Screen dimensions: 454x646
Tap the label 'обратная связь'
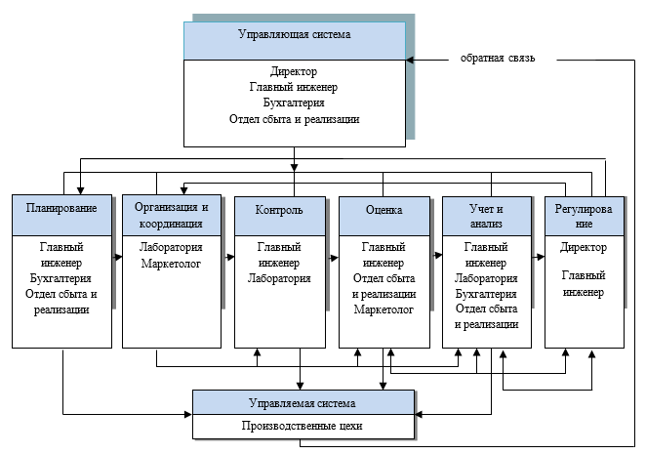(x=497, y=59)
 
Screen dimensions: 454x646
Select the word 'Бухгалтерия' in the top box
(x=295, y=103)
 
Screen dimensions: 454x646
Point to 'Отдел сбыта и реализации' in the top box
(x=295, y=119)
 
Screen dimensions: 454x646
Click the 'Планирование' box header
(x=61, y=209)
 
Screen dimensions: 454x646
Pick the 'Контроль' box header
(x=279, y=210)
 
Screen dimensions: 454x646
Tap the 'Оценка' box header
(x=384, y=209)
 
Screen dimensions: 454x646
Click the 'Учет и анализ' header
(x=486, y=215)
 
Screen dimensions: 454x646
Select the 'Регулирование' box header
(x=583, y=215)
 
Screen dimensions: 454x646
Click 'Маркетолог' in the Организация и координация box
(x=166, y=264)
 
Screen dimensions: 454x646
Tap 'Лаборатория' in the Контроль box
(x=279, y=278)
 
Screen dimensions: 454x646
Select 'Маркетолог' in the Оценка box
(x=384, y=310)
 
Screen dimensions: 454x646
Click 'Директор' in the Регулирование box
(x=583, y=248)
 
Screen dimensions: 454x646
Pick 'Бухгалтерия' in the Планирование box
(x=61, y=278)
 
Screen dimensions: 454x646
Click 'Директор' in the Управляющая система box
(x=295, y=71)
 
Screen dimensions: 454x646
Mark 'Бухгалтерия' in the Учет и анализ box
(x=486, y=294)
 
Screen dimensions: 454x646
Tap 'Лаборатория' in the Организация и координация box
(x=166, y=248)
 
